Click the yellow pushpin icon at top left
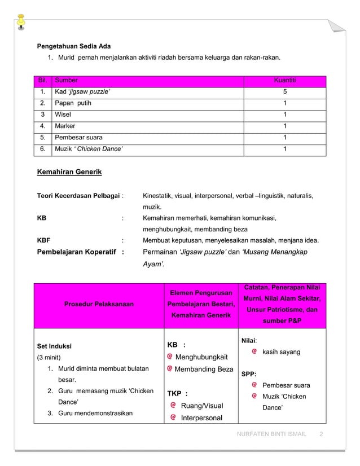coord(21,19)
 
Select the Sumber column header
coord(66,81)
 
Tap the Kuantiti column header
coord(284,81)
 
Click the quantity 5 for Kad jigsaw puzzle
coord(284,92)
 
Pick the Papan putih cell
coord(73,103)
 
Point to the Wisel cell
coord(63,115)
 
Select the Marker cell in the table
coord(65,126)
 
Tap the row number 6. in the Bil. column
coord(42,149)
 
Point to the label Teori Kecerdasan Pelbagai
coord(78,196)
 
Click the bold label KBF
coord(43,240)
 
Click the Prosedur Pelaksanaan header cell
coord(99,304)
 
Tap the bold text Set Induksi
coord(54,346)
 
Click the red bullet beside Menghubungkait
coord(170,357)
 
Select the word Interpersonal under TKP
coord(201,417)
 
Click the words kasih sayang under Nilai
coord(282,352)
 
